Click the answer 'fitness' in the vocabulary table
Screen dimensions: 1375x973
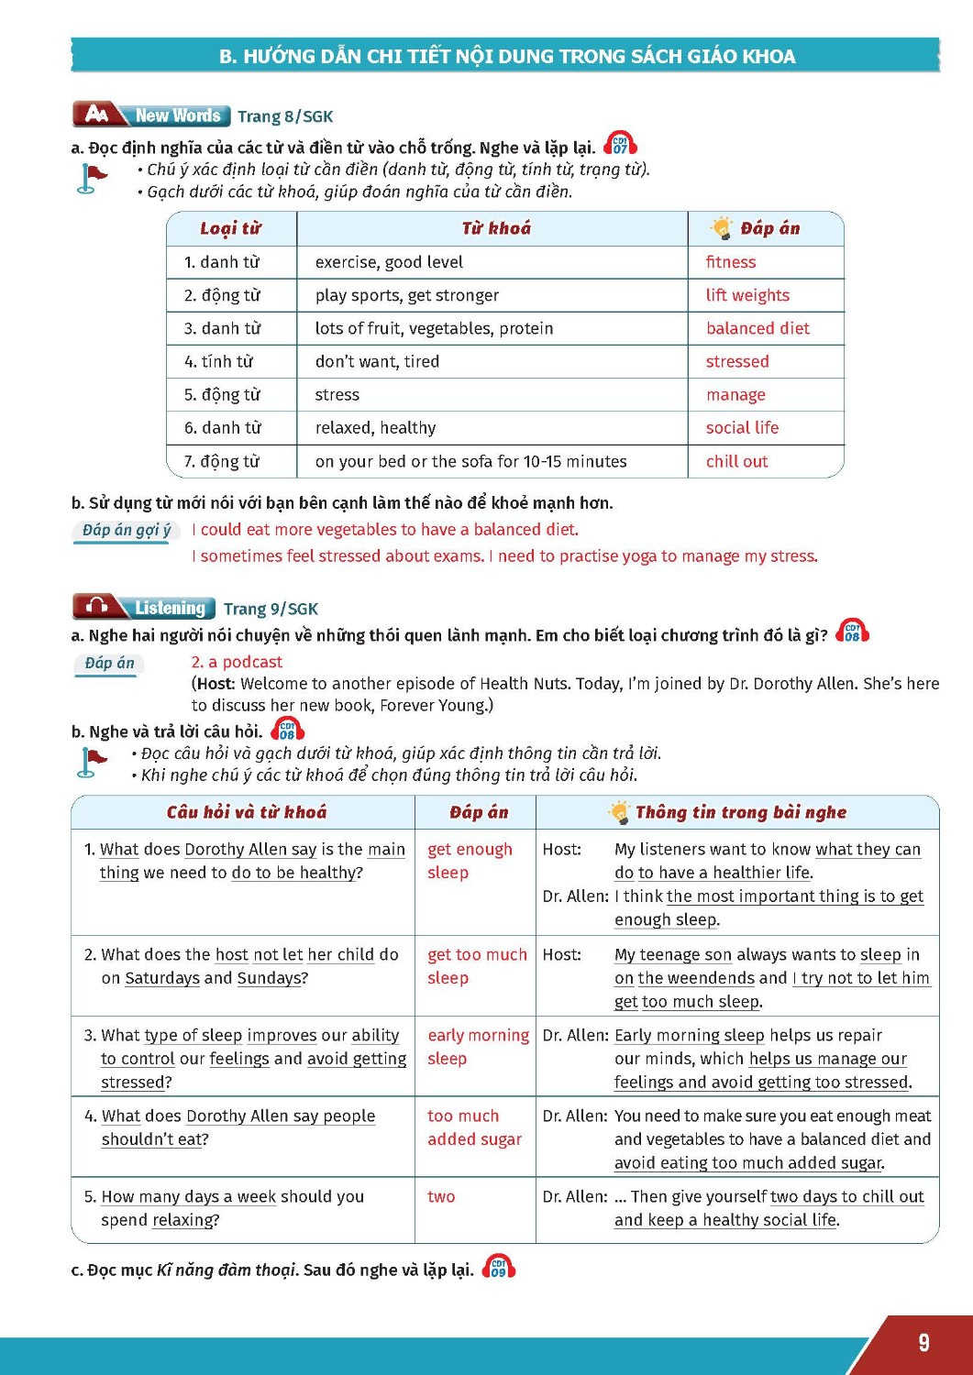click(731, 262)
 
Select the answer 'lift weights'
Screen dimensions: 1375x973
click(747, 295)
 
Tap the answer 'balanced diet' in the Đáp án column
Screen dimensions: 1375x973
click(757, 328)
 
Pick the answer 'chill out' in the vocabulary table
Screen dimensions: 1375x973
click(736, 461)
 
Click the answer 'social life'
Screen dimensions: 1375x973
click(742, 427)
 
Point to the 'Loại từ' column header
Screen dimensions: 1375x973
click(231, 228)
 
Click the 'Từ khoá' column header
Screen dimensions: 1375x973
click(496, 228)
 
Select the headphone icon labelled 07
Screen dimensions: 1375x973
click(621, 145)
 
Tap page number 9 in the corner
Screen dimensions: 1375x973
click(923, 1343)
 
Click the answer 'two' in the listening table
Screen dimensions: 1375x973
click(441, 1196)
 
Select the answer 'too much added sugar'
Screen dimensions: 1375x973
click(474, 1127)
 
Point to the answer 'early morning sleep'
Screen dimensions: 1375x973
click(478, 1047)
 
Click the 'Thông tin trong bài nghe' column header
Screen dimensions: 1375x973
click(740, 812)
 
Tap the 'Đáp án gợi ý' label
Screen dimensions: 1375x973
click(126, 530)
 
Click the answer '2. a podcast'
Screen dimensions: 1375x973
click(237, 662)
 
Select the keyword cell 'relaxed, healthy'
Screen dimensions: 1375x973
click(375, 427)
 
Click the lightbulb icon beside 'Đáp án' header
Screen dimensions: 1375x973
click(722, 228)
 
